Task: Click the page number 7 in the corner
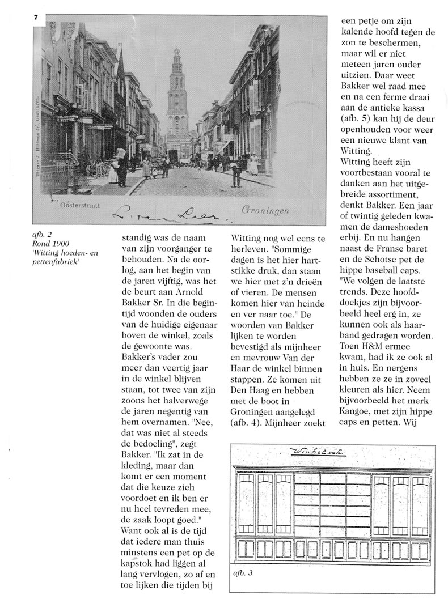pyautogui.click(x=35, y=18)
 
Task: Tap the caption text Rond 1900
pyautogui.click(x=47, y=244)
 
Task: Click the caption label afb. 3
pyautogui.click(x=243, y=573)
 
